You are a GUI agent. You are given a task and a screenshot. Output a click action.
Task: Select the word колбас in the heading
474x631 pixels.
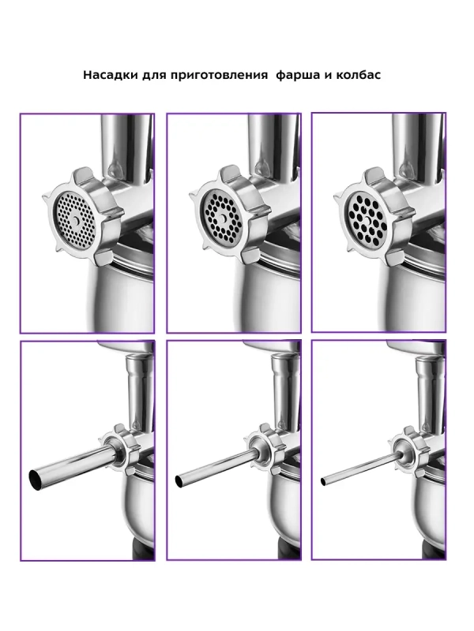coord(358,75)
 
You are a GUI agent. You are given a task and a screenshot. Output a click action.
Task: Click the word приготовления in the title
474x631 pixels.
coord(219,76)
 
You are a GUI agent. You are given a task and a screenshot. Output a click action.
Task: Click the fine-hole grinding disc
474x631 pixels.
coord(75,220)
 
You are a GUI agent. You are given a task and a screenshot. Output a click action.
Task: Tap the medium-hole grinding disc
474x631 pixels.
coord(223,218)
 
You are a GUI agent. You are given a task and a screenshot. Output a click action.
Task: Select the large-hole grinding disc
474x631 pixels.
coord(367,218)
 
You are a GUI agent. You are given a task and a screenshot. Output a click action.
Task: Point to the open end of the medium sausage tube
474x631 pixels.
coord(179,480)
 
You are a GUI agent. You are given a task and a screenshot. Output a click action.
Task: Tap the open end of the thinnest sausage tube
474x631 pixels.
coord(323,481)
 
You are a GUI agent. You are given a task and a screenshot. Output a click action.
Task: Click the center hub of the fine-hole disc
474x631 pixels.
coord(76,220)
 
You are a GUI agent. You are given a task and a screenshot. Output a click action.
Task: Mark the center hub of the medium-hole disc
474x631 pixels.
coord(223,218)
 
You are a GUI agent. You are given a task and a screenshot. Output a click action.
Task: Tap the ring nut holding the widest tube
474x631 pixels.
coord(120,447)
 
